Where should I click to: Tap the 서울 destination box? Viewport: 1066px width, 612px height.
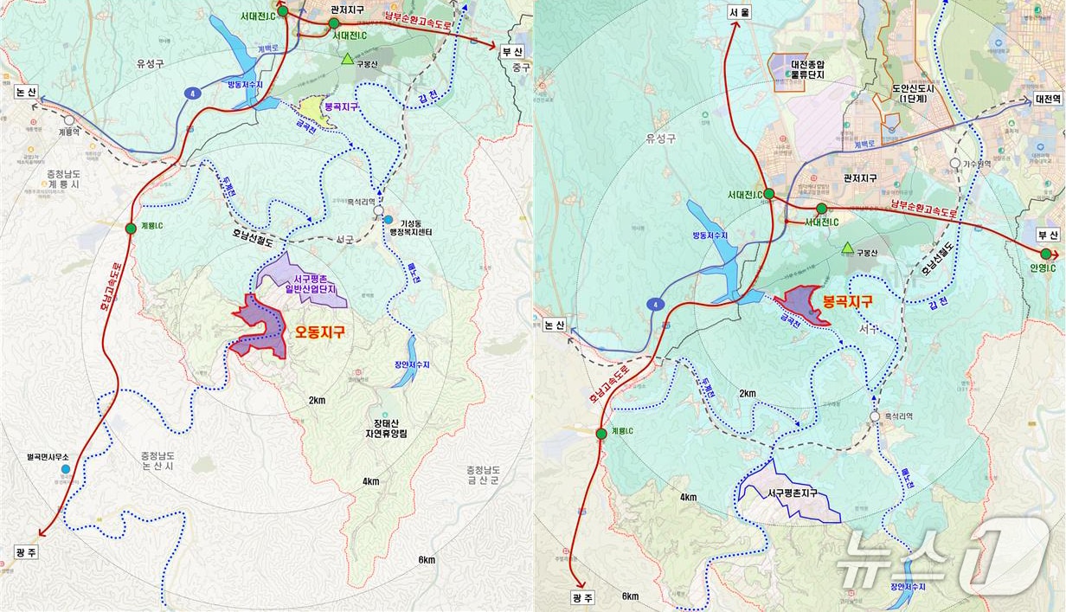click(737, 13)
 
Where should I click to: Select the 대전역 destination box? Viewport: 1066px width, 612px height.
click(1047, 99)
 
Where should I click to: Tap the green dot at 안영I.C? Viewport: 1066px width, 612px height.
click(1046, 254)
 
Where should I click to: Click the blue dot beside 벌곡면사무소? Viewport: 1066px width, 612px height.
click(66, 469)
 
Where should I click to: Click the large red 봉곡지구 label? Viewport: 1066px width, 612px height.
click(847, 301)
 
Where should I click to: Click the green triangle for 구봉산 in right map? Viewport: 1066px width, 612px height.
click(847, 248)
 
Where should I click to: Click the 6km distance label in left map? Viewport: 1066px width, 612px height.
click(427, 560)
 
